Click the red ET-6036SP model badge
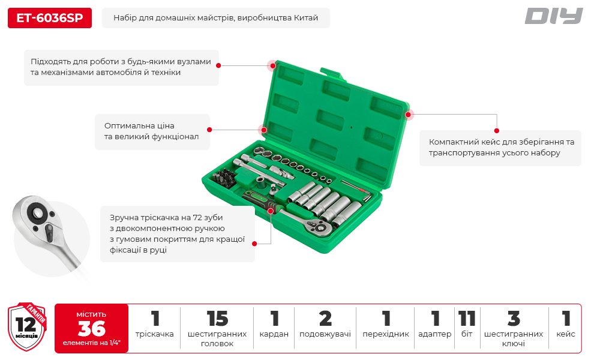[50, 18]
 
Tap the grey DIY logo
[553, 16]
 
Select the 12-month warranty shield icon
[27, 326]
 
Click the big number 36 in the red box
[91, 328]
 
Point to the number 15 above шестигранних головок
[217, 319]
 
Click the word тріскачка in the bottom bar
[155, 334]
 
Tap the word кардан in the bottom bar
[274, 334]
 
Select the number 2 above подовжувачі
[325, 319]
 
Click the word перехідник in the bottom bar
[386, 334]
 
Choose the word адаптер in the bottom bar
[435, 334]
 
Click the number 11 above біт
[467, 319]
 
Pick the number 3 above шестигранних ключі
[514, 319]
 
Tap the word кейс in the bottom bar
[566, 334]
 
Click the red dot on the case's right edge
[408, 115]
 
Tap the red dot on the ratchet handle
[271, 211]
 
